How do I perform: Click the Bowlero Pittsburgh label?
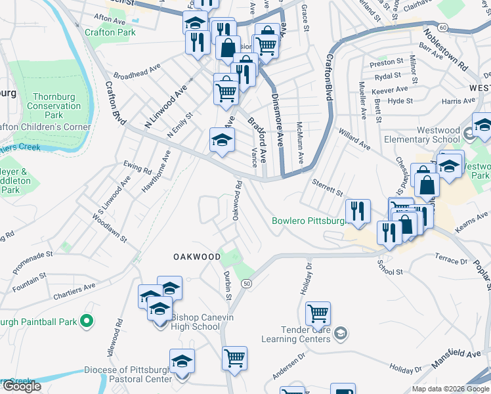tap(309, 221)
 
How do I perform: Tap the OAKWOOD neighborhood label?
tap(197, 257)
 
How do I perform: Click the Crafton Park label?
tap(110, 32)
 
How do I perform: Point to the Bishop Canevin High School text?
tap(195, 322)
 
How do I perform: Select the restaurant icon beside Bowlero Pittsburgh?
tap(358, 211)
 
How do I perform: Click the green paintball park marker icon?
tap(87, 322)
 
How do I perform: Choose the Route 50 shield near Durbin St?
tap(246, 283)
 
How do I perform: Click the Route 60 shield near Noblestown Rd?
tap(444, 28)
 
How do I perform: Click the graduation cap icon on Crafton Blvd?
tap(222, 139)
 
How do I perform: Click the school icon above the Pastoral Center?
tap(182, 361)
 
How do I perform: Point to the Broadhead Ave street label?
tap(137, 70)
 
